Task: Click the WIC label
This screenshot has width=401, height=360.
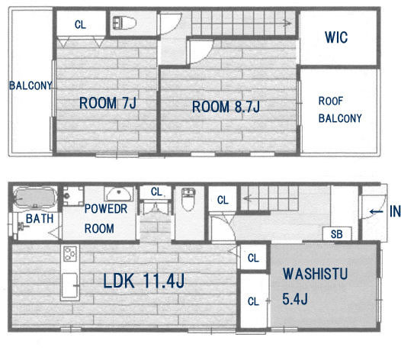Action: (336, 37)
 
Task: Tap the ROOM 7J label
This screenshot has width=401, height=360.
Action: (107, 103)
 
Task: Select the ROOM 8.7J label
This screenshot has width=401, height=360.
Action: (226, 107)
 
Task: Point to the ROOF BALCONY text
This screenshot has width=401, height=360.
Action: (340, 110)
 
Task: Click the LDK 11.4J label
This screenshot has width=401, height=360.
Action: (143, 281)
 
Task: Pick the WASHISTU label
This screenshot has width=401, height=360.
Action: (315, 274)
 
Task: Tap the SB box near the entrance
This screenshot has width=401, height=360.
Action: (337, 233)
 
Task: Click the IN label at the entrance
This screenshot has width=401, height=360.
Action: (395, 211)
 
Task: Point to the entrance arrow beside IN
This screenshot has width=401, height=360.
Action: (376, 211)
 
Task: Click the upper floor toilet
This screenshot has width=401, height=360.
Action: (124, 23)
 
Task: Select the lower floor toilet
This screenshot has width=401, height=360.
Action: (188, 199)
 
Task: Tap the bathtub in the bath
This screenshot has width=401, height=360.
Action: (35, 198)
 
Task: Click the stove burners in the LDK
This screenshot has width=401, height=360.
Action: (70, 253)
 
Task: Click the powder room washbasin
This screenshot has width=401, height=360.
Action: (119, 194)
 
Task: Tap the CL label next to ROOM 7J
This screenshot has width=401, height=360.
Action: (80, 25)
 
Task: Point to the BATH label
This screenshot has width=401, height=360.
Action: (40, 219)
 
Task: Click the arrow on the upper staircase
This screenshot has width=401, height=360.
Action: (287, 24)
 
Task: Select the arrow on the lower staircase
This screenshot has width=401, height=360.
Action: (247, 198)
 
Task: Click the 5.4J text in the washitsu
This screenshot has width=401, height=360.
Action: (295, 298)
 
